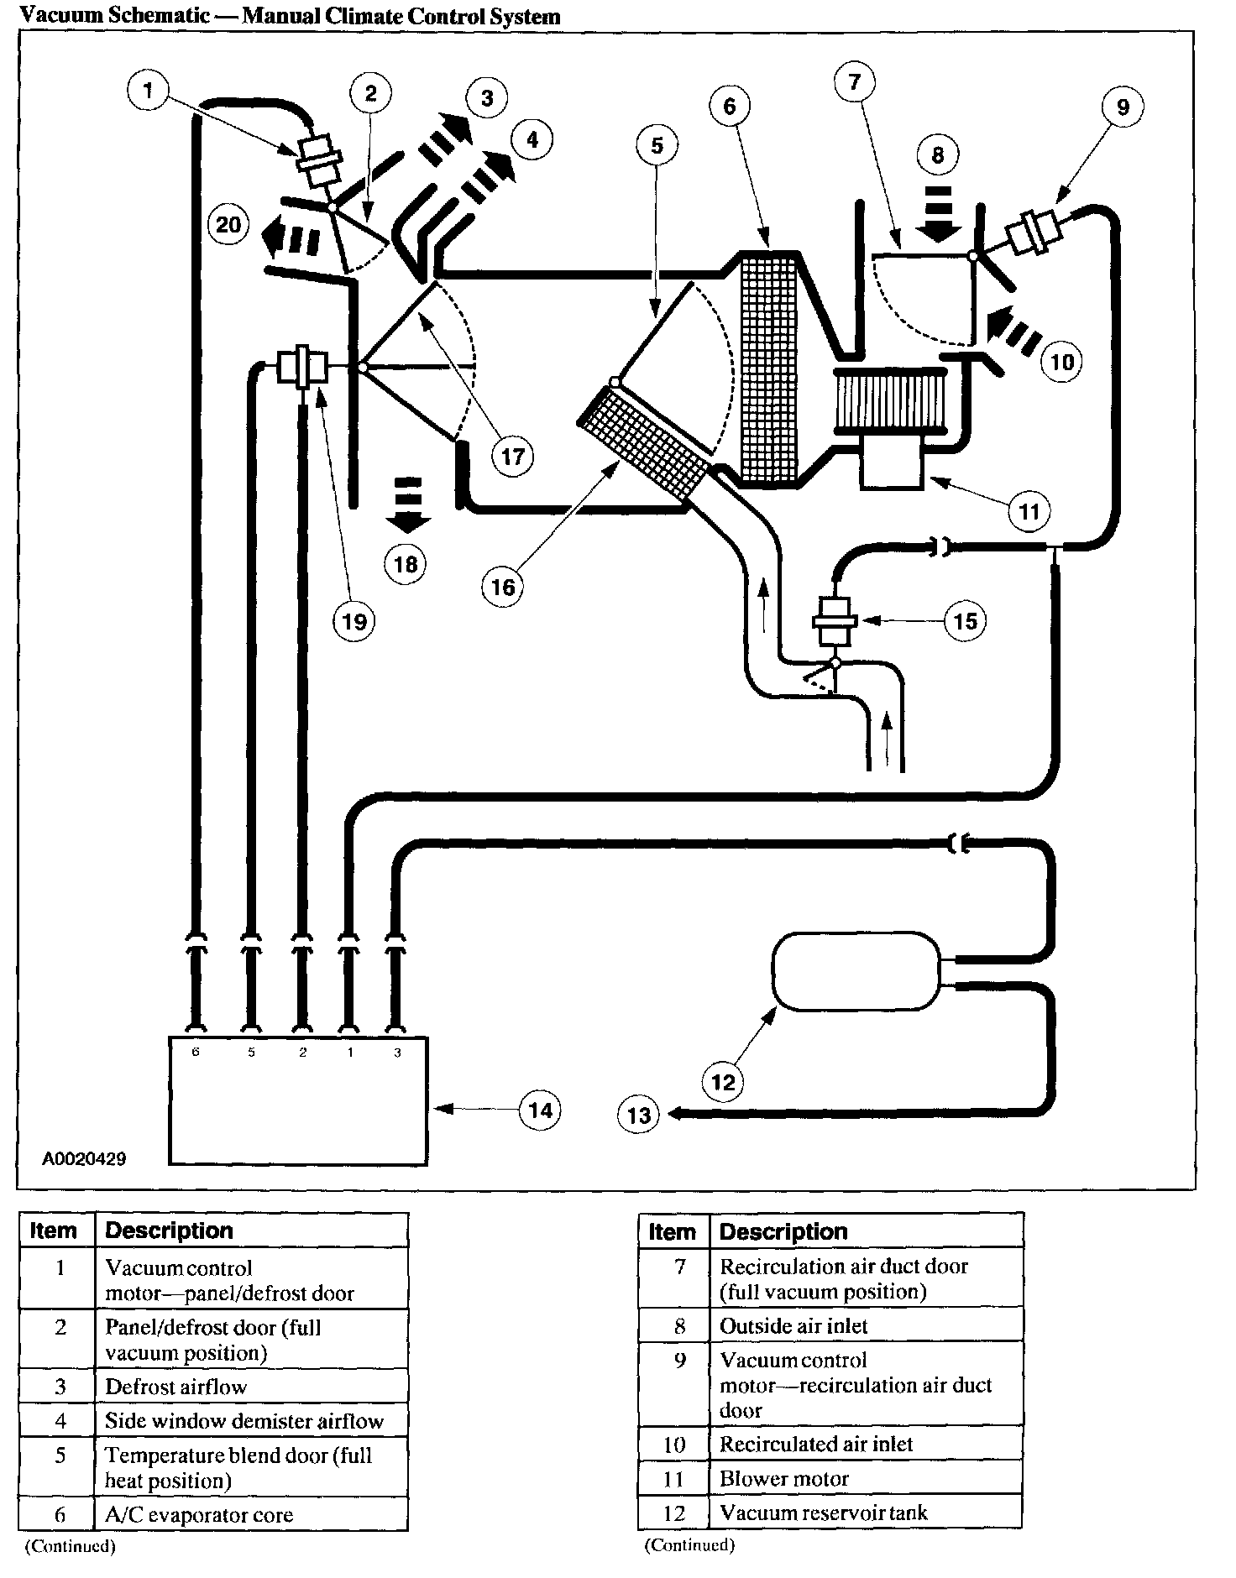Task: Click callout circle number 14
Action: click(540, 1110)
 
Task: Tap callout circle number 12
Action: click(723, 1081)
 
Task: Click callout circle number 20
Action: click(228, 225)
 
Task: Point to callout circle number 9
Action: click(1123, 107)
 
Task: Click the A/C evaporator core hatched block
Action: click(769, 366)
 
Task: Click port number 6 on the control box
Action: click(196, 1052)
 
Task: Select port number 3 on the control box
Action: click(396, 1052)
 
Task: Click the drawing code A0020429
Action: click(84, 1158)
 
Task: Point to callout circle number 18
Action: click(406, 564)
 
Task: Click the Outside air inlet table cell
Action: click(866, 1326)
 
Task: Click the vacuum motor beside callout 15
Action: click(834, 621)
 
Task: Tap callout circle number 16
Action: click(502, 586)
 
